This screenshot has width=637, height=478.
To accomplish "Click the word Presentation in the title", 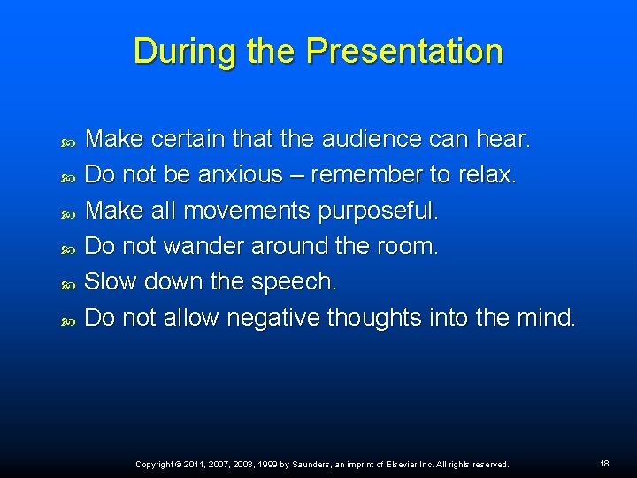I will point(404,51).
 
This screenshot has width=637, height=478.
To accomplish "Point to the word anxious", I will point(240,175).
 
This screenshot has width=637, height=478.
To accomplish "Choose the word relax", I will point(486,175).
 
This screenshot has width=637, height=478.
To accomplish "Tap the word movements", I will point(249,211).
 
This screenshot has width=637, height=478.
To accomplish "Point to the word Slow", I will point(111,281).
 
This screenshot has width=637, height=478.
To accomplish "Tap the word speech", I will point(295,282).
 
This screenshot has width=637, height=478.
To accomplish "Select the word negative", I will point(273,318).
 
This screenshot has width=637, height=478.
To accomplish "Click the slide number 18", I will point(605,464).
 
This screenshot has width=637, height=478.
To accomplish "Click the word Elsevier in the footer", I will point(403,464).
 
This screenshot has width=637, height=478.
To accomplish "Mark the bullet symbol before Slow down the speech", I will point(71,283).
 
